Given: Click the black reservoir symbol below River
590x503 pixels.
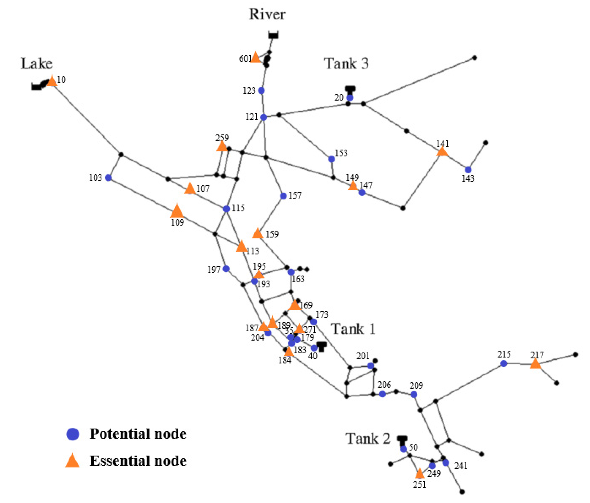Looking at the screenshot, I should (273, 35).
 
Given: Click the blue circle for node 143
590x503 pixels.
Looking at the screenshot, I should (468, 170).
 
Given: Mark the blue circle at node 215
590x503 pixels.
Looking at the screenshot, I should (503, 364).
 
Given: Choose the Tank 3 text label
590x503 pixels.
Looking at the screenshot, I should (346, 63).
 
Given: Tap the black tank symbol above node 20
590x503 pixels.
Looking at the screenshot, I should (350, 89).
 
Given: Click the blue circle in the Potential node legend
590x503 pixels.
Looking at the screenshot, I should (73, 434).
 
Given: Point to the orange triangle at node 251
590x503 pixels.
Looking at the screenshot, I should (419, 474).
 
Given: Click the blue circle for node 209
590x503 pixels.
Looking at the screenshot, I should (414, 395).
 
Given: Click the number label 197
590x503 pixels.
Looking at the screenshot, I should (214, 269).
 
